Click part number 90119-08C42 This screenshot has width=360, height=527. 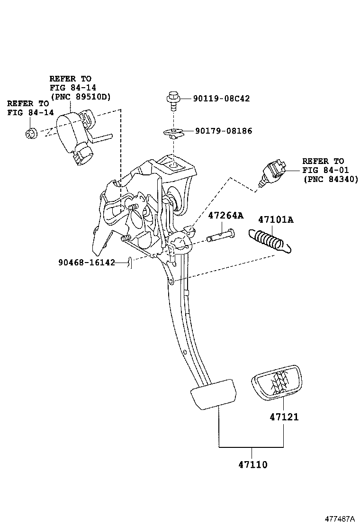pos(221,99)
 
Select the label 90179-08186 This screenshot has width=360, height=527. pos(224,131)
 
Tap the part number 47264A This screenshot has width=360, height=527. pos(226,216)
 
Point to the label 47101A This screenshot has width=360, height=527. pos(276,219)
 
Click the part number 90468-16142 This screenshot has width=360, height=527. pos(87,263)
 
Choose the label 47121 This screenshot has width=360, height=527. pos(284,417)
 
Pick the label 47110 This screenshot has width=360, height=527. pos(252,464)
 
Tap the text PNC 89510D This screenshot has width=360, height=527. pos(80,97)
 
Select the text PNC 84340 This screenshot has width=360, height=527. pos(330,179)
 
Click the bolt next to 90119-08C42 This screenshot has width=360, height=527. pos(173,100)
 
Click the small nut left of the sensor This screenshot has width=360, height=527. pos(32,134)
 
